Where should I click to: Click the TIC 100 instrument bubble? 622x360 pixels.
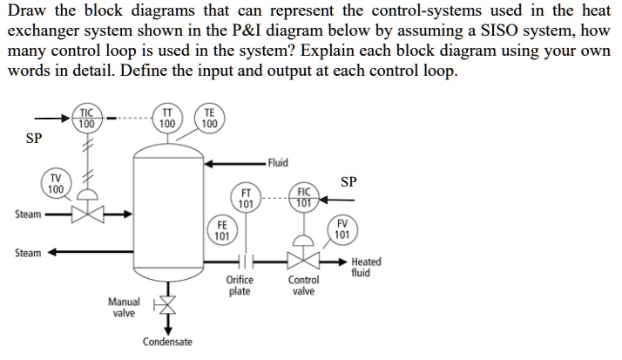pyautogui.click(x=86, y=119)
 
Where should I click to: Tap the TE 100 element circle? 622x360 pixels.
pyautogui.click(x=209, y=119)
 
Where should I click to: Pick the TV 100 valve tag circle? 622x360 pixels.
pyautogui.click(x=56, y=185)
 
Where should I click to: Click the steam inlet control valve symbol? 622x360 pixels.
pyautogui.click(x=87, y=213)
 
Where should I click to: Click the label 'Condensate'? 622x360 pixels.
pyautogui.click(x=167, y=342)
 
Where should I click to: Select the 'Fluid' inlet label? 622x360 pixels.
pyautogui.click(x=278, y=163)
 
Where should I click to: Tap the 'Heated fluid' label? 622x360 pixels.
pyautogui.click(x=365, y=268)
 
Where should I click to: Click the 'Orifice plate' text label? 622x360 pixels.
pyautogui.click(x=240, y=286)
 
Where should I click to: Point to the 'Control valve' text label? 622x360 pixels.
pyautogui.click(x=303, y=286)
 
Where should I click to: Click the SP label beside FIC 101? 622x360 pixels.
pyautogui.click(x=348, y=182)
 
